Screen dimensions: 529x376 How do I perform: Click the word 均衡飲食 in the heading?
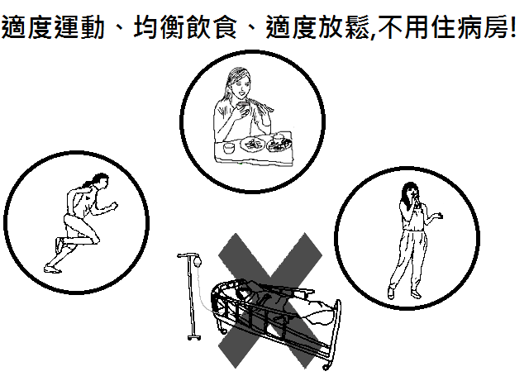pyautogui.click(x=185, y=27)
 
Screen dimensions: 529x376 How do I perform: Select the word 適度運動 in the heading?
pyautogui.click(x=53, y=27)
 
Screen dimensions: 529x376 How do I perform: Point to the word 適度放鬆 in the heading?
pyautogui.click(x=317, y=27)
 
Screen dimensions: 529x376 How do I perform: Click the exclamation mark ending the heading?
pyautogui.click(x=512, y=27)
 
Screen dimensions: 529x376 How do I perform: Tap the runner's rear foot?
pyautogui.click(x=53, y=269)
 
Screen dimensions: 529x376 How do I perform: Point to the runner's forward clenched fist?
pyautogui.click(x=114, y=206)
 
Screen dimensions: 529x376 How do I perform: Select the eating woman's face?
pyautogui.click(x=243, y=86)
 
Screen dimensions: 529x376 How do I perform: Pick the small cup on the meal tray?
pyautogui.click(x=229, y=147)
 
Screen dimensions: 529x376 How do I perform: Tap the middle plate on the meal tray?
pyautogui.click(x=253, y=145)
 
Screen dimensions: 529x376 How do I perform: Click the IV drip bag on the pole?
pyautogui.click(x=198, y=260)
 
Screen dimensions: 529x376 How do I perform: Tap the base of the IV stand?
pyautogui.click(x=194, y=336)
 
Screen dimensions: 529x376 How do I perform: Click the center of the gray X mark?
pyautogui.click(x=270, y=301)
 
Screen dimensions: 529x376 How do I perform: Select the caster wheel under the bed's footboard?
pyautogui.click(x=326, y=367)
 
